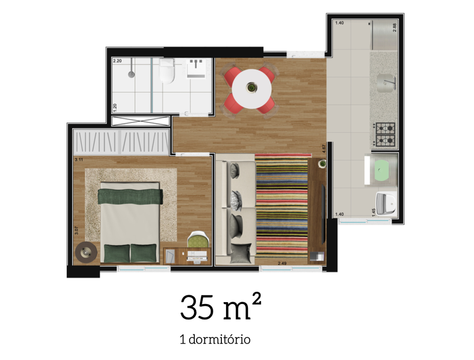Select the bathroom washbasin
pyautogui.click(x=198, y=68)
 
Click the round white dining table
pyautogui.click(x=252, y=88)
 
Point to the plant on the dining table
pyautogui.click(x=252, y=87)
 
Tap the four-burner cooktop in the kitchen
pyautogui.click(x=385, y=134)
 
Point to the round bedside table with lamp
pyautogui.click(x=86, y=253)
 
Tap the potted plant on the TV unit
pyautogui.click(x=323, y=164)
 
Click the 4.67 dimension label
pyautogui.click(x=324, y=148)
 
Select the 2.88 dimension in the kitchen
pyautogui.click(x=394, y=26)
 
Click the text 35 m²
pyautogui.click(x=220, y=307)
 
